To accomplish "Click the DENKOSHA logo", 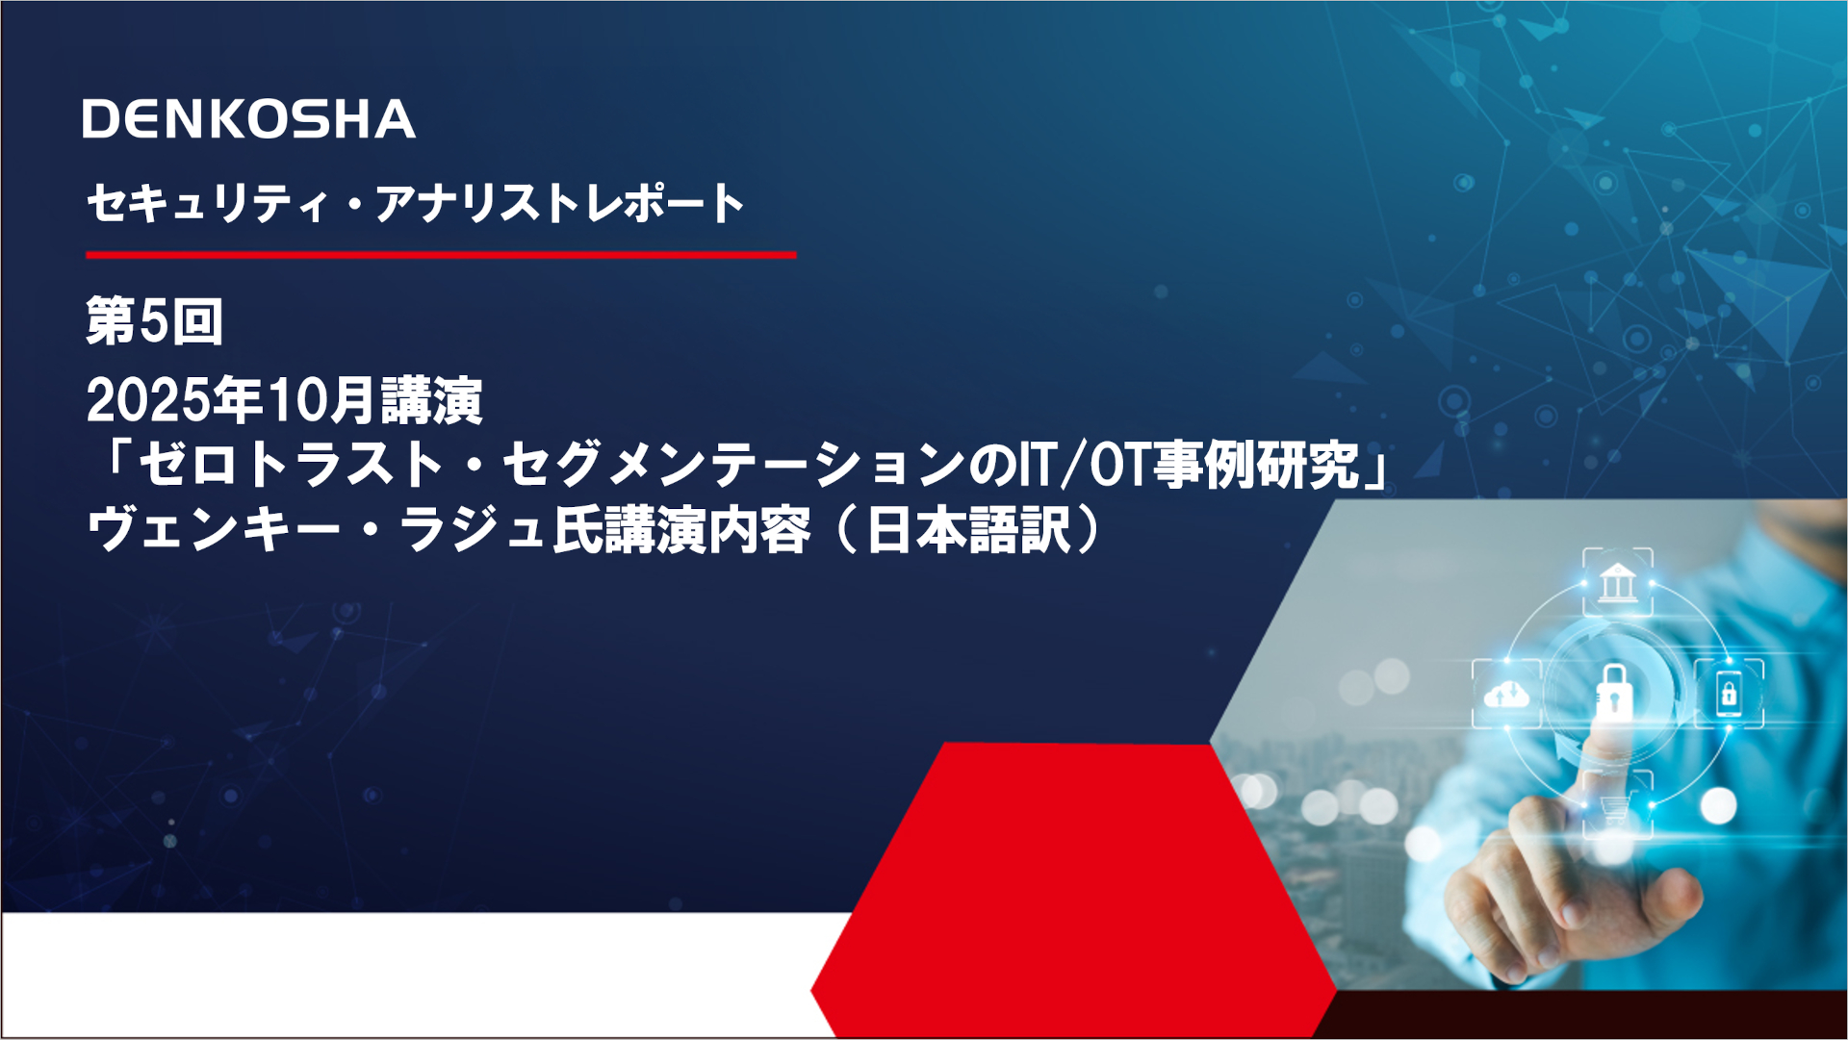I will click(x=248, y=119).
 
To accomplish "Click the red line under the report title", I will click(x=441, y=255).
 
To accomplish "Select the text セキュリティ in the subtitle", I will click(x=207, y=204).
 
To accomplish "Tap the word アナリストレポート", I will click(x=559, y=204).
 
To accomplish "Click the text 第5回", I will click(x=154, y=321).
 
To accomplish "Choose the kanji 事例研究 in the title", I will click(x=1256, y=465).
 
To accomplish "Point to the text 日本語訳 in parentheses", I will click(x=968, y=530).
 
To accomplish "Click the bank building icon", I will click(x=1618, y=582).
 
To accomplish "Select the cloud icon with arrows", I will click(x=1506, y=694).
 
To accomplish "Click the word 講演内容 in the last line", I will click(x=707, y=530).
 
